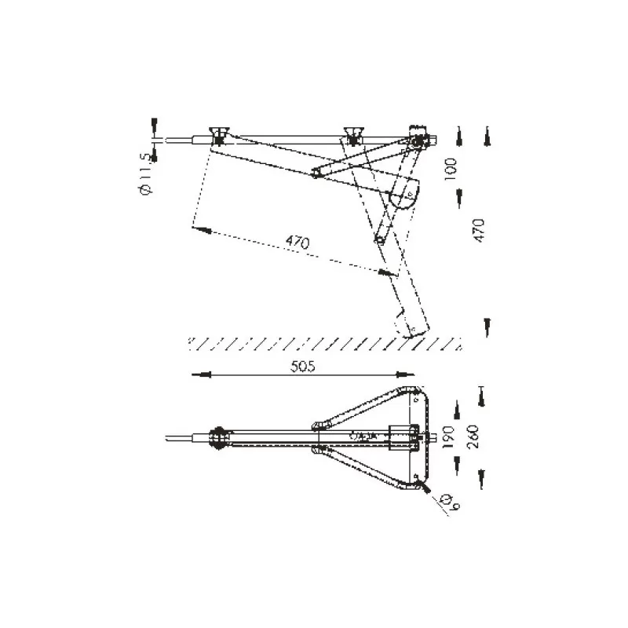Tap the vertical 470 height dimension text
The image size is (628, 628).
[480, 232]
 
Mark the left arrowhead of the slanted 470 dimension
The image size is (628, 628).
[198, 230]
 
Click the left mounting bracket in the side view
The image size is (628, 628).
[218, 134]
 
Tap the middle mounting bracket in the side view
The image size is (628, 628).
[352, 134]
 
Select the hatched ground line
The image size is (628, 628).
[322, 342]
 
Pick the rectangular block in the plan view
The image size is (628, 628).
[400, 434]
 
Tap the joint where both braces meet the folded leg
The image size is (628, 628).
[380, 239]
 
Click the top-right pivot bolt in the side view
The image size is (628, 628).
[422, 141]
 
